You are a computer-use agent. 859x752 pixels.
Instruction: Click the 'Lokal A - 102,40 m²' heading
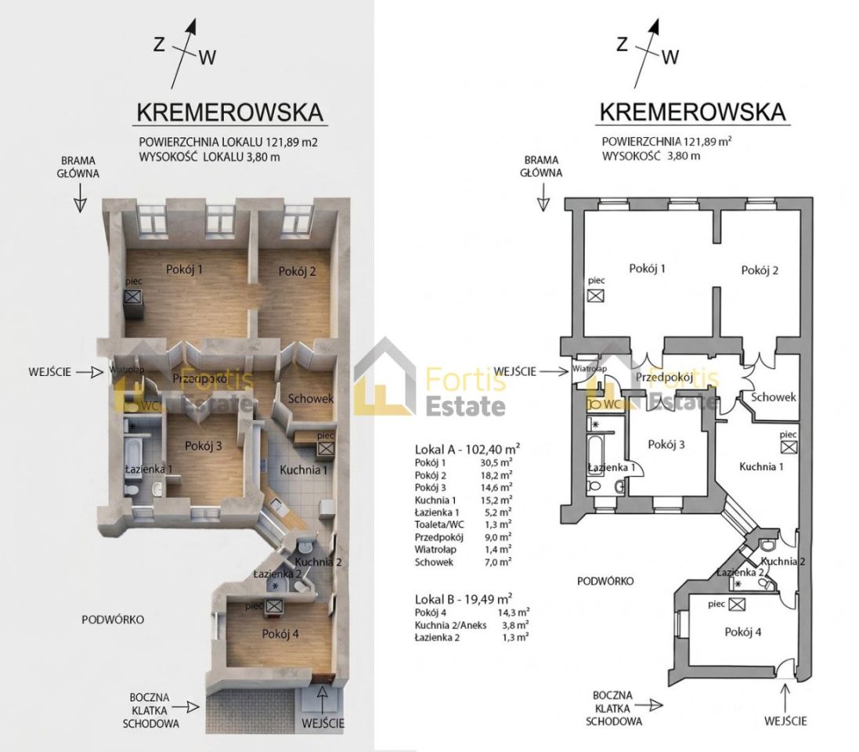467,450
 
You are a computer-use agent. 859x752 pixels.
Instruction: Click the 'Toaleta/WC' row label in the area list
438,524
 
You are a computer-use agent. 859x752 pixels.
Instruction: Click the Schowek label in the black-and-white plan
774,397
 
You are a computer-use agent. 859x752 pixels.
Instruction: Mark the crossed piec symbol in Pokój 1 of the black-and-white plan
597,295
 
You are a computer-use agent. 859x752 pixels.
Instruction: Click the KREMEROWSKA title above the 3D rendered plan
230,112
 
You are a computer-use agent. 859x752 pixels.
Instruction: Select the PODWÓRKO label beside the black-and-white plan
605,580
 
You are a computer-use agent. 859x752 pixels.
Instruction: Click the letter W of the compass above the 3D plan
207,56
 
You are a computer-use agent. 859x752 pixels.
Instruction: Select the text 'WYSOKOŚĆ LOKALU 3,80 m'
209,157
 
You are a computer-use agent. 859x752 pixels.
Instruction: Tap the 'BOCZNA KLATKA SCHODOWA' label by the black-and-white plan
618,708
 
